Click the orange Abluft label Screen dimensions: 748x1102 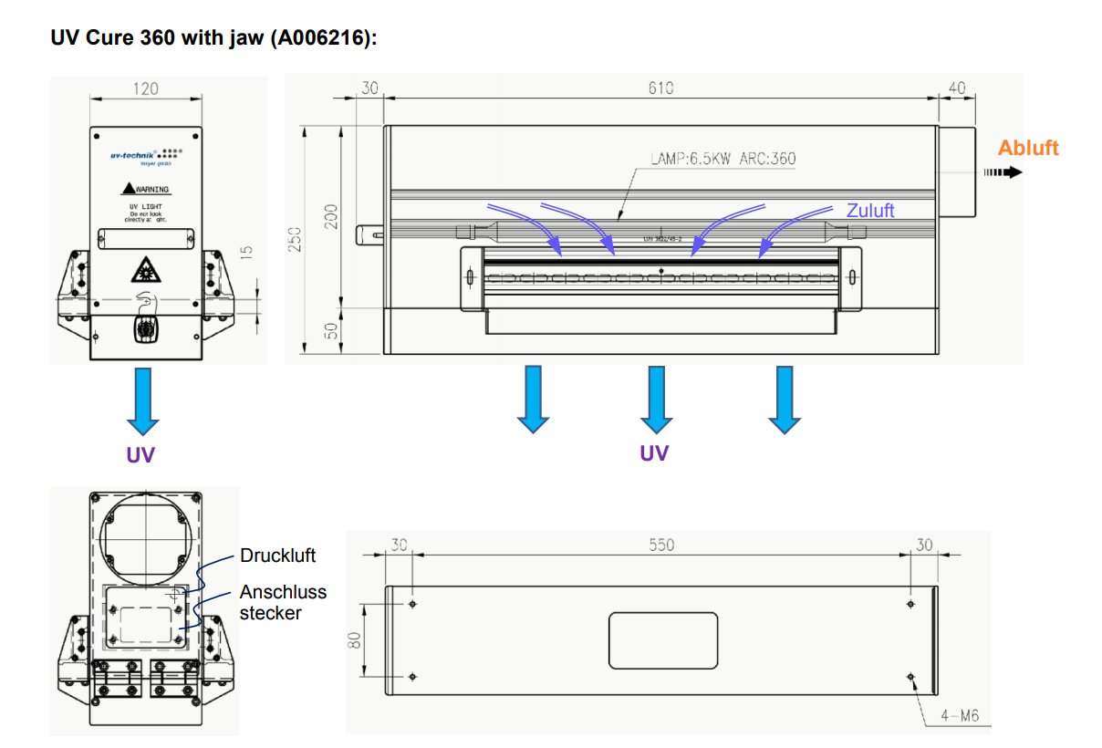[x=1028, y=148]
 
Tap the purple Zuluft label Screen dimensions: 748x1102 [x=869, y=211]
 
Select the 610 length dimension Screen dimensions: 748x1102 [x=660, y=88]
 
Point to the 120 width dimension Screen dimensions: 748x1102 [x=145, y=88]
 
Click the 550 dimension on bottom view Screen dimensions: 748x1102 [x=660, y=545]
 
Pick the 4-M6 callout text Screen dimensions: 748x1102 [x=959, y=716]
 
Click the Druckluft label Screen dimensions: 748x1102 [x=277, y=556]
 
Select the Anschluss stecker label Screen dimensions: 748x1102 [x=283, y=602]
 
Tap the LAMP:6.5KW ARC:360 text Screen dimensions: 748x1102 [x=723, y=159]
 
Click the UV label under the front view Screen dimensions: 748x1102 [x=140, y=454]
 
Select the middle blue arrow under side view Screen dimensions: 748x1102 [x=656, y=399]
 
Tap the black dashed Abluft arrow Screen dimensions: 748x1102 [x=1002, y=171]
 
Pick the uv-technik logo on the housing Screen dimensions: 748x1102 [x=133, y=156]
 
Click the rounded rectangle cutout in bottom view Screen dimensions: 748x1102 [x=662, y=639]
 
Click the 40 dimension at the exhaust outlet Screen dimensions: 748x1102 [x=956, y=88]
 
